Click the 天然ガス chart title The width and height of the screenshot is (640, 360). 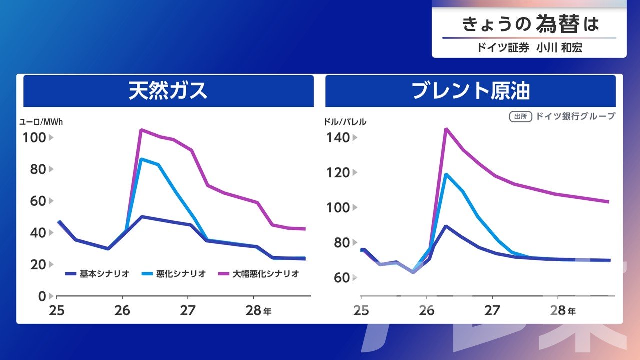[x=168, y=91]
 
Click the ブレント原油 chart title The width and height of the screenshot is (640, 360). [x=470, y=91]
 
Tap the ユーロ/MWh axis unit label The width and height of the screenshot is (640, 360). [x=41, y=121]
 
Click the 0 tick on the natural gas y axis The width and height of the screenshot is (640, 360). [x=42, y=296]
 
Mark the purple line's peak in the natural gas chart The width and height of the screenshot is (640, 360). [x=141, y=130]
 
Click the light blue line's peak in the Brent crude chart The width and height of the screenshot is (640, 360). [x=446, y=174]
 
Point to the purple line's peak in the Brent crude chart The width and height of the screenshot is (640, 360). [x=446, y=129]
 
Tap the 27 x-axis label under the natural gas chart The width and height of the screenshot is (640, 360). [x=188, y=310]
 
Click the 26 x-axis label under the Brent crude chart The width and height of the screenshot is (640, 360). [x=426, y=310]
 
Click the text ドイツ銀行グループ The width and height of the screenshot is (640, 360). [x=575, y=116]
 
